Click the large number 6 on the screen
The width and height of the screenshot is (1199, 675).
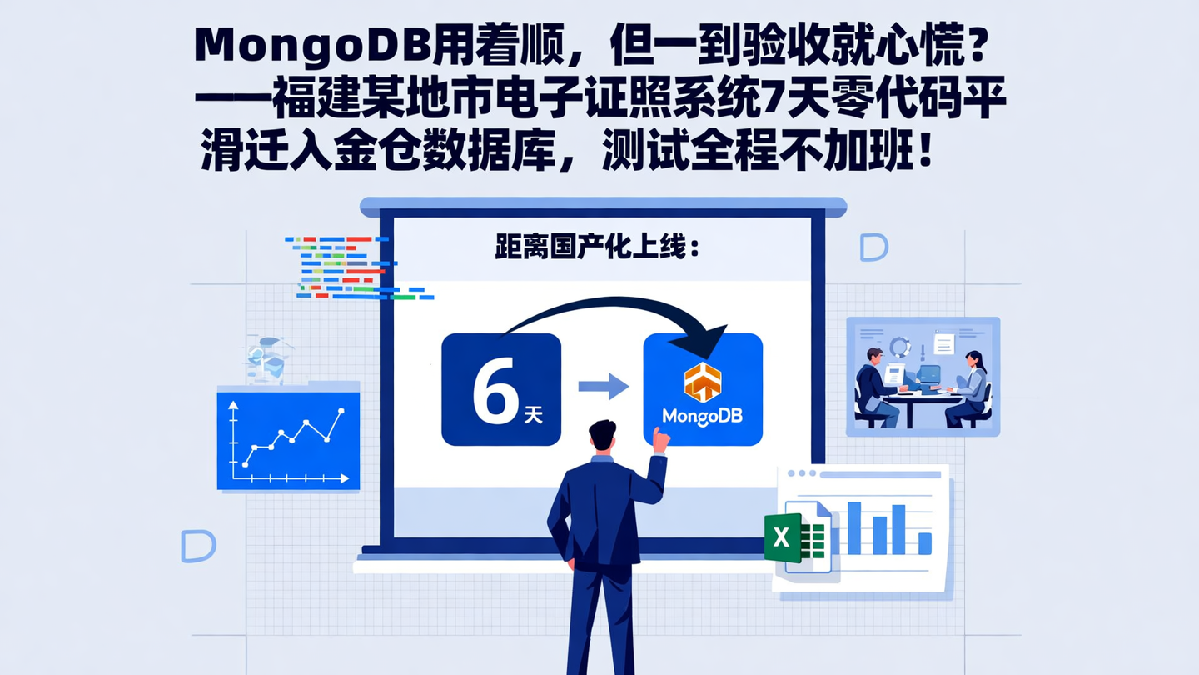495,392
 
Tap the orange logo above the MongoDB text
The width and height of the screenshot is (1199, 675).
702,382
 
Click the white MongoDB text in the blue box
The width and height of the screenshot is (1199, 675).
701,415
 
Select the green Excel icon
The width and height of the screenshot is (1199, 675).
783,537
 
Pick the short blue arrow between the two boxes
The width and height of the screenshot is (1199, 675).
603,386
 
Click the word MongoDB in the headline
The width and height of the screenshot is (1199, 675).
313,47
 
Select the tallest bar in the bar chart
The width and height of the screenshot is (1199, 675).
853,527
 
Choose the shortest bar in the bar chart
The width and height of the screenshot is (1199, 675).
924,543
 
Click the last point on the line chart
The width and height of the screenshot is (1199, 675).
341,411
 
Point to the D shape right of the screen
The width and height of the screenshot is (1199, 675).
873,247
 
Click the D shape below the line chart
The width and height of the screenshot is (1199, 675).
198,546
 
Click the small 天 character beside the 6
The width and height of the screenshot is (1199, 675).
533,414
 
